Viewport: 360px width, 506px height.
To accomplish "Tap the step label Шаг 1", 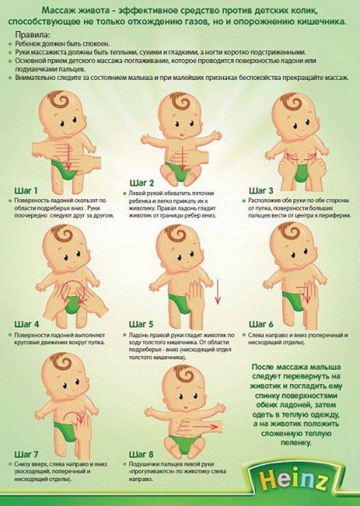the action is click(x=26, y=190).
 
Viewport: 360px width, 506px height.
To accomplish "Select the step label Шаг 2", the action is click(x=142, y=183).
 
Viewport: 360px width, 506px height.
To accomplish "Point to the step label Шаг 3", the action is click(x=261, y=190).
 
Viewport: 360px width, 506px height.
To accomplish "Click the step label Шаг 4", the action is click(x=27, y=324).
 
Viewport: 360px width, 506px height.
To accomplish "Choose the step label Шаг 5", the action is click(x=141, y=324).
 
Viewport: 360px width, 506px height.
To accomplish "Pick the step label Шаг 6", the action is click(x=261, y=324).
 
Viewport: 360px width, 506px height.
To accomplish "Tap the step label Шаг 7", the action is click(x=27, y=455).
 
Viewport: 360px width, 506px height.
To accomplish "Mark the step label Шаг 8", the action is click(x=141, y=455).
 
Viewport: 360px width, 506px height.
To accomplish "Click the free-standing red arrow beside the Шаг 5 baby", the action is click(x=218, y=292).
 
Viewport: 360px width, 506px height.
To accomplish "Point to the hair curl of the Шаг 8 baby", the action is click(x=185, y=376).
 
